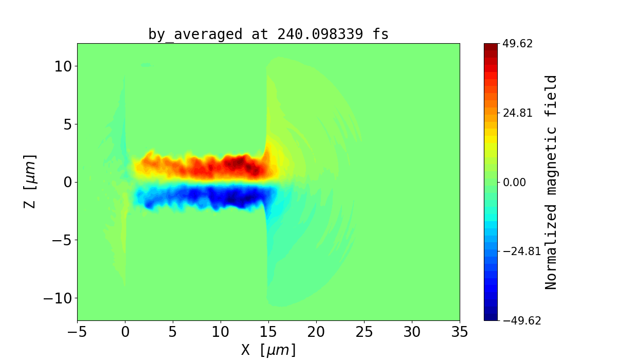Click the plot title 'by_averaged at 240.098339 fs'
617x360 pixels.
(268, 34)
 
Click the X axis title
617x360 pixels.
(268, 350)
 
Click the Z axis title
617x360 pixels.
(30, 182)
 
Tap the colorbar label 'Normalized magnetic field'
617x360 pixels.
(551, 182)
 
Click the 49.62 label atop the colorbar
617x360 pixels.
(518, 44)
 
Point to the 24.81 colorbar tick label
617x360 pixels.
(518, 113)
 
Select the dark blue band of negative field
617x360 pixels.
(237, 197)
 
